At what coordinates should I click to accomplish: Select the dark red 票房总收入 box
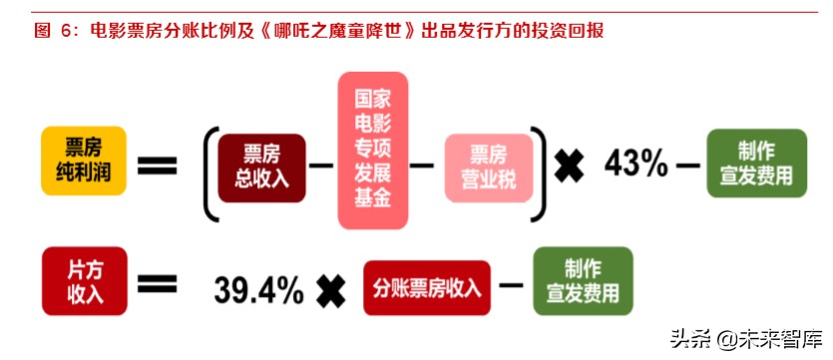pos(261,167)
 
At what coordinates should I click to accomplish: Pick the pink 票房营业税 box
pos(488,167)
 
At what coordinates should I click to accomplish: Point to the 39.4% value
pos(258,290)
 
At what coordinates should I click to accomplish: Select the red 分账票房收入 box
pos(427,289)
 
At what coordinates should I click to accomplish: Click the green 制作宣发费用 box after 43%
pos(756,163)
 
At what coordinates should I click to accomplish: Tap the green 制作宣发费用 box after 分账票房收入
pos(582,281)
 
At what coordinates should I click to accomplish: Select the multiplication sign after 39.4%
pos(330,291)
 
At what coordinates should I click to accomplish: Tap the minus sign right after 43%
pos(688,165)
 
